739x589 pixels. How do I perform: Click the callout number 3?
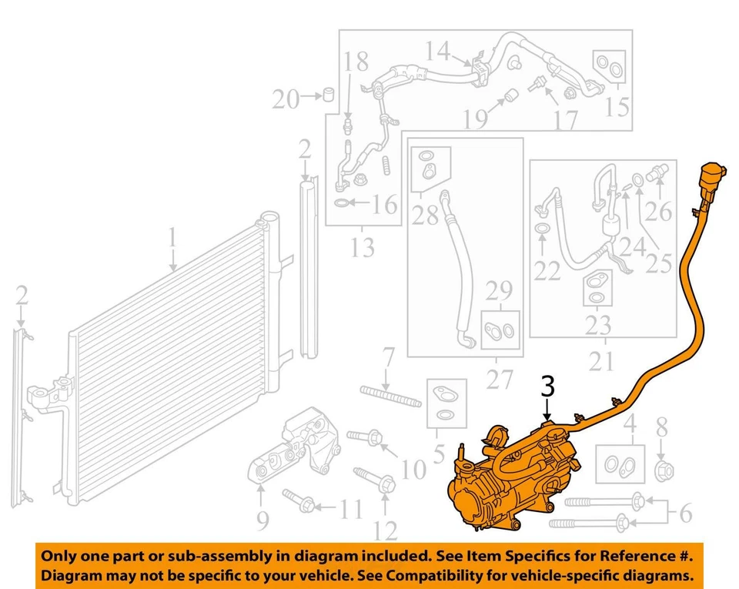[x=547, y=387]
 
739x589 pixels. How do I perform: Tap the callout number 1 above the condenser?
[x=172, y=239]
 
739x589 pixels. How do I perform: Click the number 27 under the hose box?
[x=498, y=380]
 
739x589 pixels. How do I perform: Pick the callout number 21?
[x=601, y=360]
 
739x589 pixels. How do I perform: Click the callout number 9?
[x=262, y=521]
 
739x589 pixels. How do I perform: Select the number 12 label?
[x=385, y=530]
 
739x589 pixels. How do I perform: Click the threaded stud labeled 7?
[x=390, y=397]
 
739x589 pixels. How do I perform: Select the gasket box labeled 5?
[x=444, y=400]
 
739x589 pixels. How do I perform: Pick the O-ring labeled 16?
[x=342, y=203]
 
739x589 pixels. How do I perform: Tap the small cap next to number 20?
[x=328, y=95]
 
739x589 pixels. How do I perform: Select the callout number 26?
[x=659, y=209]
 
